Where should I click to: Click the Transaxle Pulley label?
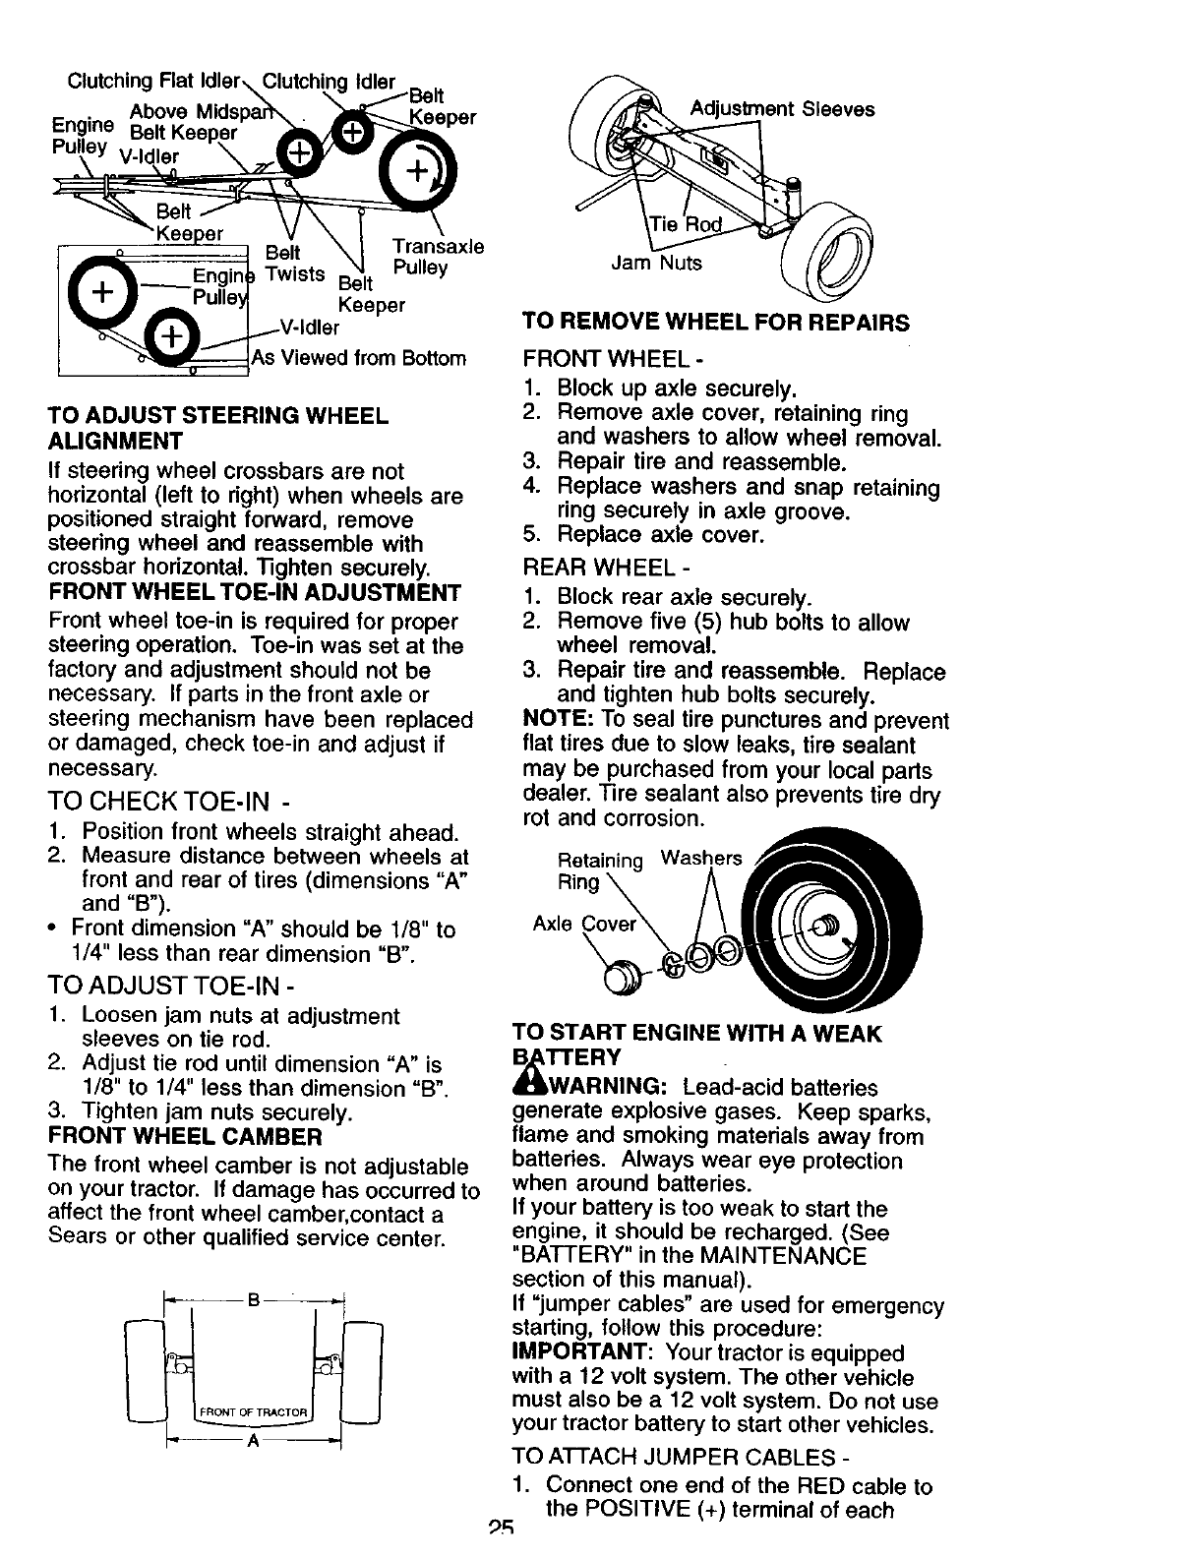(x=438, y=257)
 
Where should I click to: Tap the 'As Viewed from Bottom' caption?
(x=359, y=358)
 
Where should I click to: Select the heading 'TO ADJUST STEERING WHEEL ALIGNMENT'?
(x=217, y=428)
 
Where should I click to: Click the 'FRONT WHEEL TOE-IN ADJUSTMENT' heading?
(x=254, y=592)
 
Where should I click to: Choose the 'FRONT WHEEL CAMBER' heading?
(x=185, y=1137)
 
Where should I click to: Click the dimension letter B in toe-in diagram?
(x=253, y=1303)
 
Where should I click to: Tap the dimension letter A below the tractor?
(x=253, y=1441)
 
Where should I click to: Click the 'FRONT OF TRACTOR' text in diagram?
(x=254, y=1414)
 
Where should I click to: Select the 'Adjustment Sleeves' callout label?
(x=782, y=109)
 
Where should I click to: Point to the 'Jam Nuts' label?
(x=657, y=263)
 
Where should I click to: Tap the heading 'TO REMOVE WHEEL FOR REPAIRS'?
(x=716, y=323)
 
